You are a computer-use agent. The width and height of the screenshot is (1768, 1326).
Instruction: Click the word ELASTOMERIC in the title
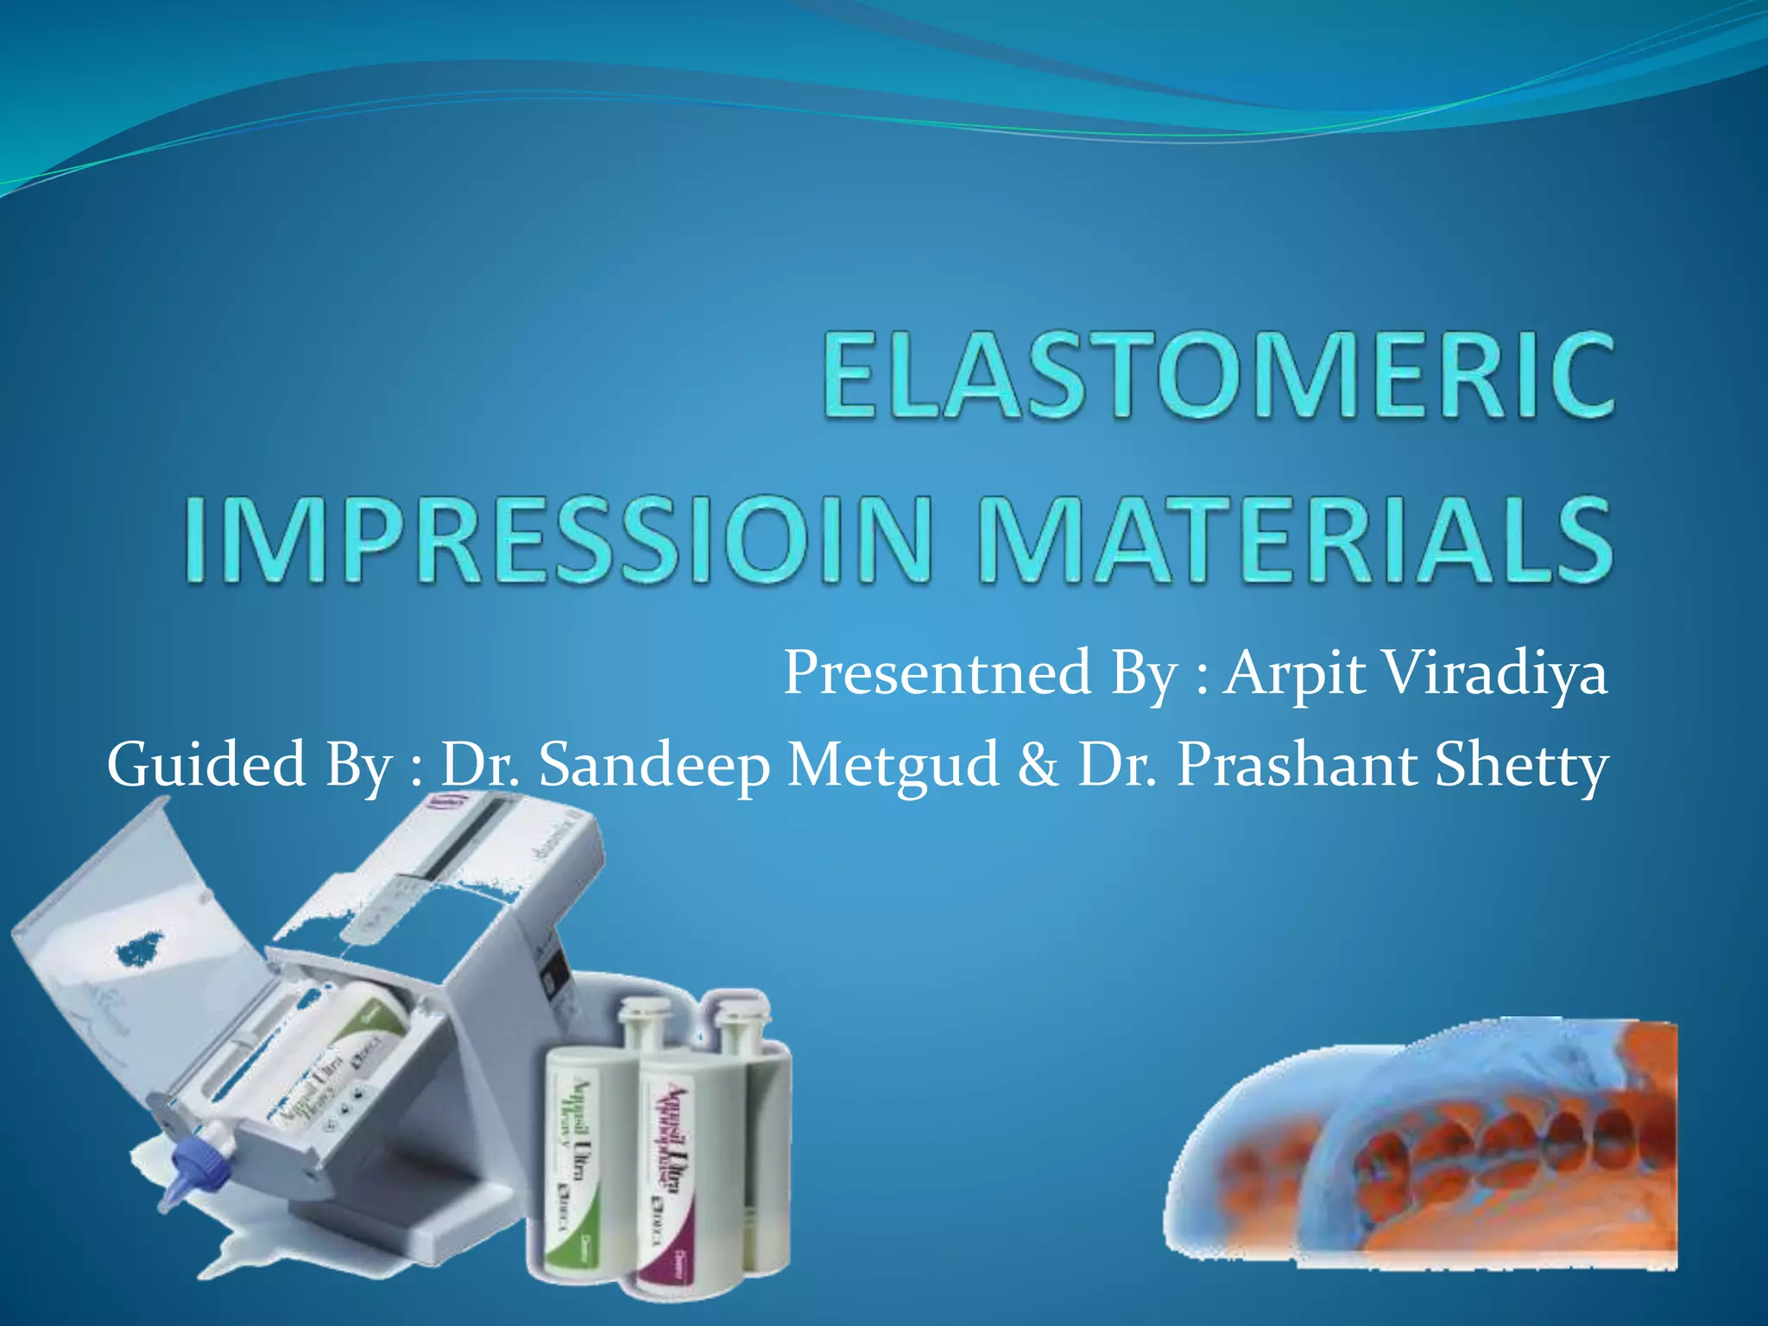click(x=1217, y=377)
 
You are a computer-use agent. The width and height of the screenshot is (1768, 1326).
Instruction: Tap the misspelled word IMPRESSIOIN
click(x=557, y=540)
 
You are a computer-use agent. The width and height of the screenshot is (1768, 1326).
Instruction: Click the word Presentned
click(x=937, y=673)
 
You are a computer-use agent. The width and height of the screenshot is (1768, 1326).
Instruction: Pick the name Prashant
click(x=1295, y=765)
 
